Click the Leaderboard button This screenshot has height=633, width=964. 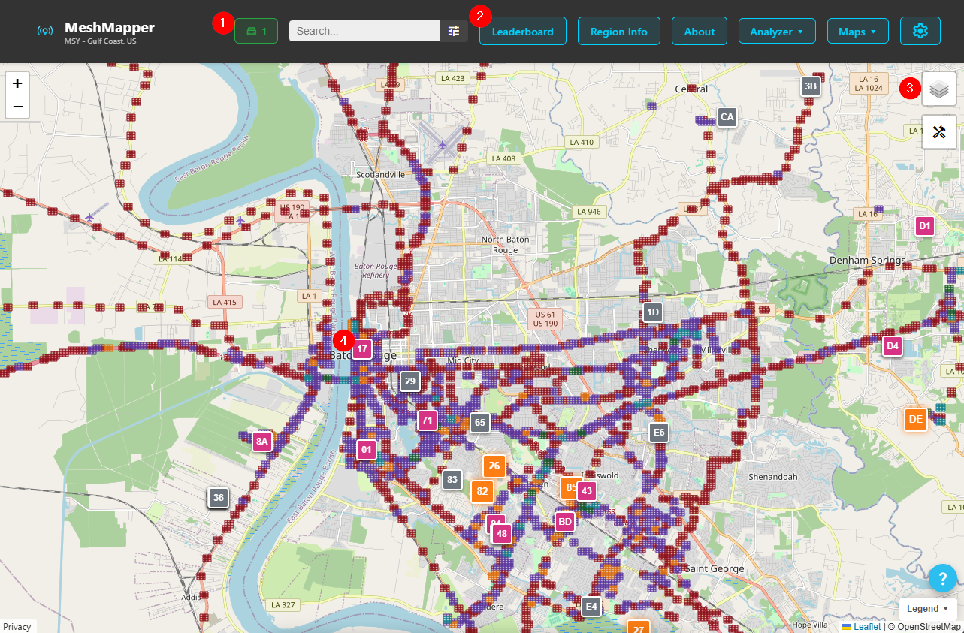(x=522, y=32)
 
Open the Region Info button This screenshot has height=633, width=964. (x=618, y=32)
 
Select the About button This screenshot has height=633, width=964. (x=699, y=32)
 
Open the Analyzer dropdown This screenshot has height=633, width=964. (x=777, y=32)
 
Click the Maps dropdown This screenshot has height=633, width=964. (x=857, y=32)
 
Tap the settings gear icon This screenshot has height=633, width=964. (x=920, y=31)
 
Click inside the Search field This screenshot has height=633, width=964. (x=364, y=31)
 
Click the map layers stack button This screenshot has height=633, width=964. (x=938, y=89)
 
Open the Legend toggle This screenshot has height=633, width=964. (x=926, y=608)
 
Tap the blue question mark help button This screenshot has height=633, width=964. (x=942, y=578)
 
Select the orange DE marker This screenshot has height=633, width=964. (x=915, y=419)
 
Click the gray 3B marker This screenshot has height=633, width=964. (x=810, y=86)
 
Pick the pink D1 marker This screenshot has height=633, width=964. (x=925, y=225)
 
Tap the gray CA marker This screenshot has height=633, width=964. (x=727, y=117)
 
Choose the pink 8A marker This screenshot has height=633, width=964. (x=261, y=442)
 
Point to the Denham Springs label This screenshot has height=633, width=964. (x=867, y=261)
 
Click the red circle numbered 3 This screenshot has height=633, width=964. (x=910, y=88)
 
